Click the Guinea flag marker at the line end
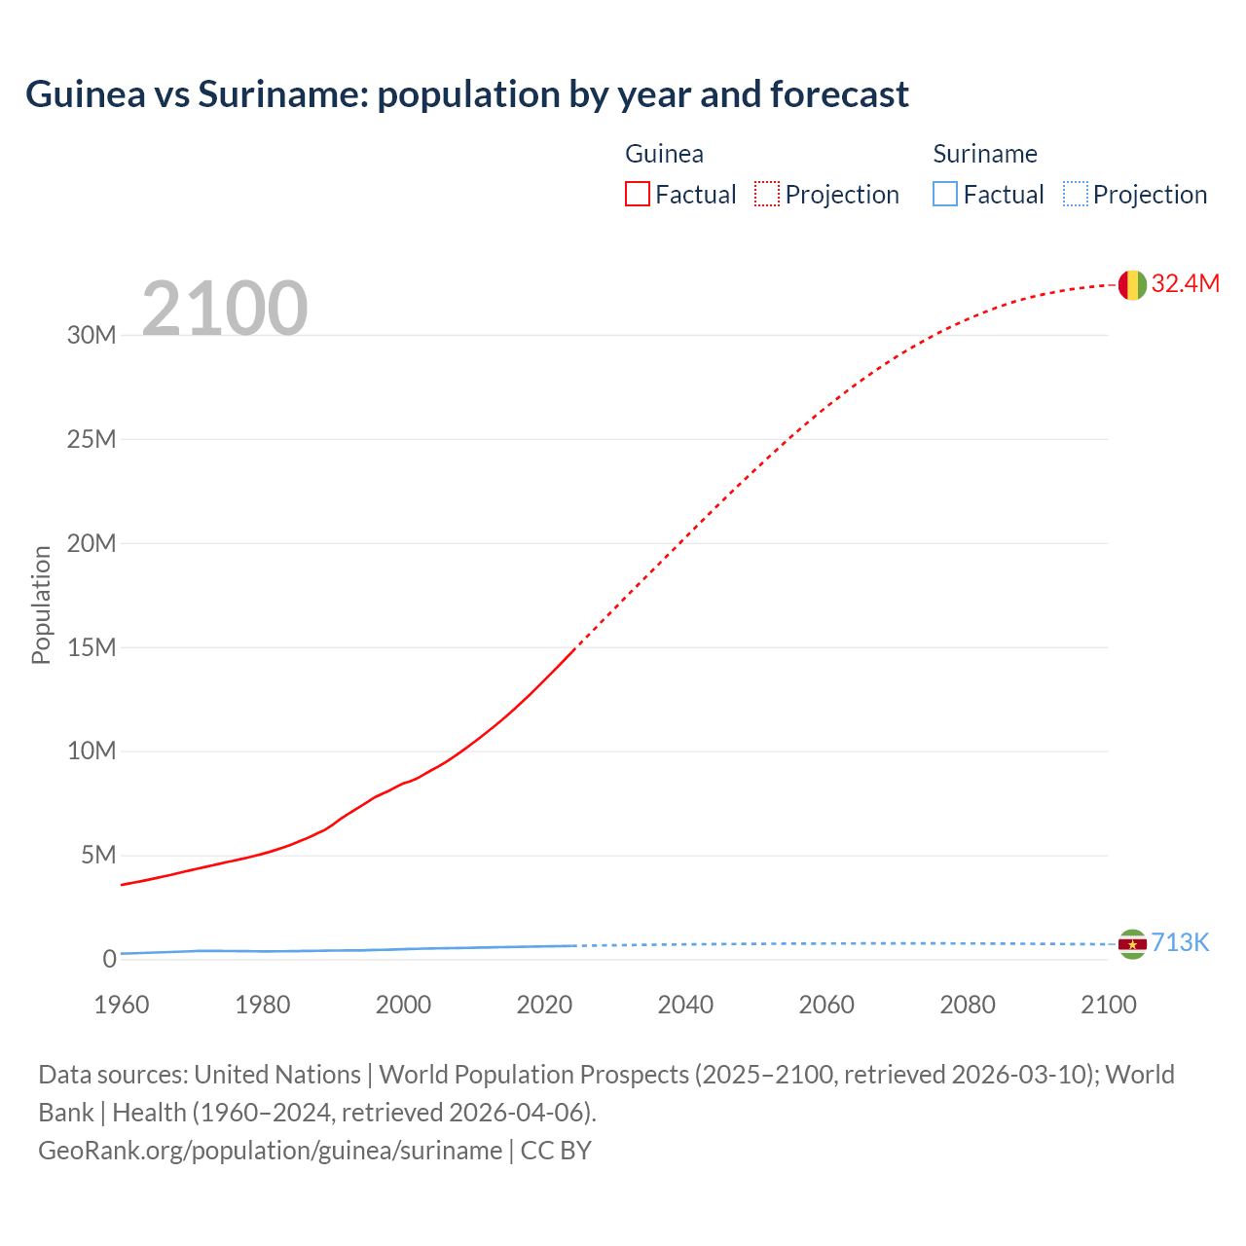pyautogui.click(x=1132, y=284)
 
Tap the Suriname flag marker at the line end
pyautogui.click(x=1132, y=943)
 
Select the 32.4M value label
pyautogui.click(x=1185, y=283)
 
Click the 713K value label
pyautogui.click(x=1180, y=942)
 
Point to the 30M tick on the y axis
pyautogui.click(x=92, y=335)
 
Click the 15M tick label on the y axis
pyautogui.click(x=92, y=647)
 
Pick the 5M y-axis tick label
pyautogui.click(x=98, y=855)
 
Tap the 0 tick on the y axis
pyautogui.click(x=109, y=959)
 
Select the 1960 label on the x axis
pyautogui.click(x=122, y=1005)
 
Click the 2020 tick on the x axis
pyautogui.click(x=544, y=1005)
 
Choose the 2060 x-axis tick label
pyautogui.click(x=826, y=1005)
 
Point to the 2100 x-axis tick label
pyautogui.click(x=1108, y=1005)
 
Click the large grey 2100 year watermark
pyautogui.click(x=225, y=309)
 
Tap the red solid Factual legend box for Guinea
pyautogui.click(x=638, y=195)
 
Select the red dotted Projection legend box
pyautogui.click(x=767, y=195)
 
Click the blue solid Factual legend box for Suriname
pyautogui.click(x=945, y=195)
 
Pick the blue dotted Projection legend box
pyautogui.click(x=1076, y=195)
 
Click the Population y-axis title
pyautogui.click(x=41, y=605)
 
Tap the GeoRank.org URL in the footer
pyautogui.click(x=270, y=1150)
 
